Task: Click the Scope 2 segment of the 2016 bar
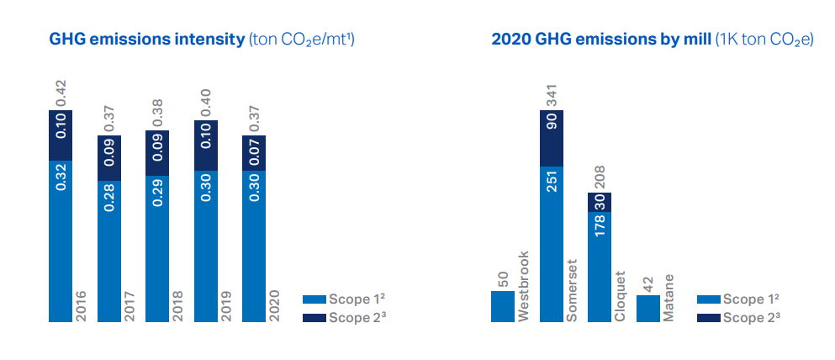pyautogui.click(x=61, y=135)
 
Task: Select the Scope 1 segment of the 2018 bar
pyautogui.click(x=157, y=248)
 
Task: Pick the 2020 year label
pyautogui.click(x=273, y=305)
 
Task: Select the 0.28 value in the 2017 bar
pyautogui.click(x=109, y=197)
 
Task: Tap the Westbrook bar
pyautogui.click(x=502, y=306)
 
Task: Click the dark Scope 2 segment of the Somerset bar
pyautogui.click(x=551, y=138)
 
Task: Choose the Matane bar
pyautogui.click(x=647, y=308)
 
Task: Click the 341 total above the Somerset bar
pyautogui.click(x=551, y=94)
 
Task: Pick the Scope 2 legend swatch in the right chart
pyautogui.click(x=708, y=317)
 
